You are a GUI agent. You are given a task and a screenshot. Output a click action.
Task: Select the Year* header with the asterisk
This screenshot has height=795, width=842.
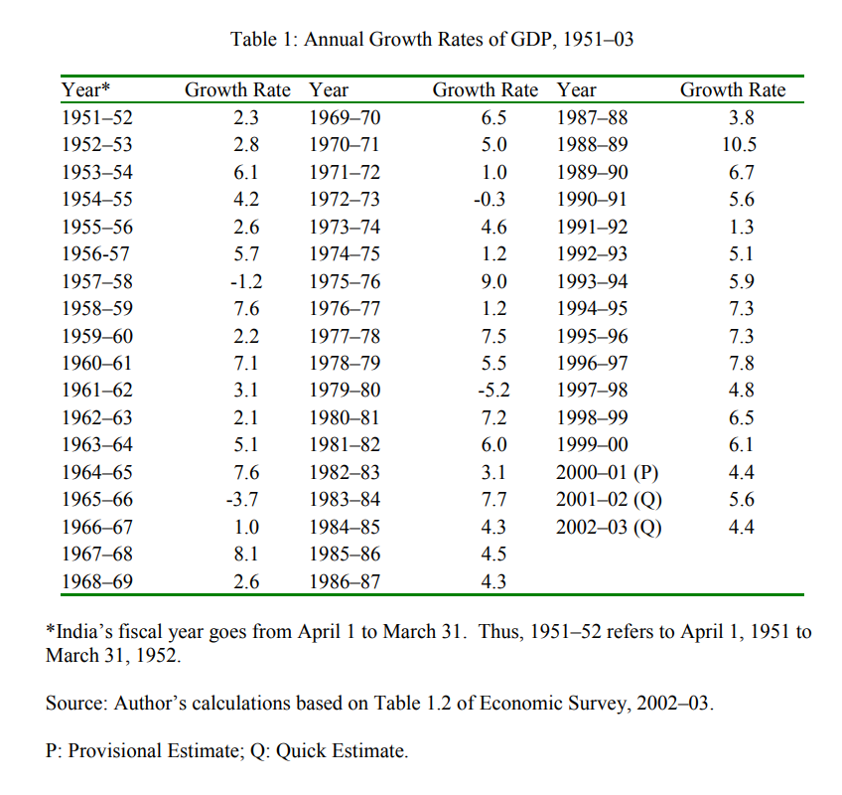pos(86,90)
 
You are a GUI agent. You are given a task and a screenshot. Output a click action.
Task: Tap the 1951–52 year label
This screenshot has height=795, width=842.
pos(97,118)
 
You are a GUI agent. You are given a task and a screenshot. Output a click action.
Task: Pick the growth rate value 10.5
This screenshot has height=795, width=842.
pos(741,145)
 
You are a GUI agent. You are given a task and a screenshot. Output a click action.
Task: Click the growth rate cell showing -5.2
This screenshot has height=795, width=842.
pos(493,391)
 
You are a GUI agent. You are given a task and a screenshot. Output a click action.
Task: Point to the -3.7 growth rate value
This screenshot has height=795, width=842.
pos(245,499)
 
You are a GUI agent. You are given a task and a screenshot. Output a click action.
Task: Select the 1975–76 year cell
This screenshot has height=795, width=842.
pos(345,281)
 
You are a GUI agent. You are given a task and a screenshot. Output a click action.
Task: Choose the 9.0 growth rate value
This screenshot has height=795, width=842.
pos(493,281)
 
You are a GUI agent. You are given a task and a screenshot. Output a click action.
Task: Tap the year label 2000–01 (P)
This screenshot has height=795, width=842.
pos(608,472)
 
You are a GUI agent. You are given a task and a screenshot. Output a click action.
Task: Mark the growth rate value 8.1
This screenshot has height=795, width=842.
pos(245,554)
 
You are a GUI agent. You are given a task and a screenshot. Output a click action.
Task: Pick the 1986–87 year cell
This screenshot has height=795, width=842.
pos(345,581)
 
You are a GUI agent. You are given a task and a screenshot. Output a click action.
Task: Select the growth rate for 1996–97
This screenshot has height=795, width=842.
pos(741,363)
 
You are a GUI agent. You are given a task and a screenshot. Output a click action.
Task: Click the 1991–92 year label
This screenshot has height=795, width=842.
pos(592,227)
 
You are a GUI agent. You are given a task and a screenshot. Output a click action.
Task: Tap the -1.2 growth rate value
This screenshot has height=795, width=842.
pos(245,281)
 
